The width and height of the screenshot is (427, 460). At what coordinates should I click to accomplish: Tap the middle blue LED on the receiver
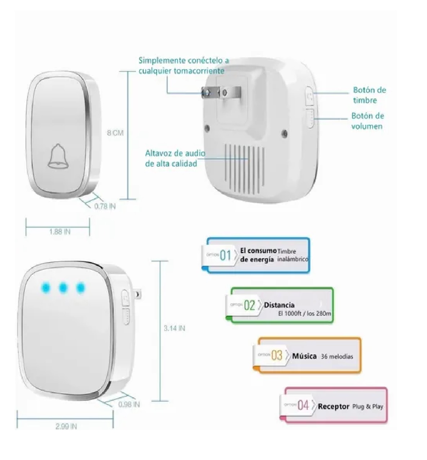(x=63, y=287)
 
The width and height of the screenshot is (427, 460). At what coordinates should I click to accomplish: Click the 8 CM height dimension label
(x=115, y=133)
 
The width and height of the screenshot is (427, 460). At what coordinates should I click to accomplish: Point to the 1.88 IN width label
(x=60, y=232)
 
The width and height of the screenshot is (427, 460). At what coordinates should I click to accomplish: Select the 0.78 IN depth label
(x=105, y=207)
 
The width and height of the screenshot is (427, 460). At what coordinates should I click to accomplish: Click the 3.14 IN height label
(x=174, y=328)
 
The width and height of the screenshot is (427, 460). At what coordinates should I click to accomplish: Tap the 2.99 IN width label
(x=66, y=426)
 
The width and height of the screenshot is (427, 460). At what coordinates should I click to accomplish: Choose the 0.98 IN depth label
(x=129, y=404)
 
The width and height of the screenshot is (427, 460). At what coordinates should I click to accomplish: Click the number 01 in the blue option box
(x=225, y=256)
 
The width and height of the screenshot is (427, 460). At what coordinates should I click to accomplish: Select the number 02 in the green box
(x=250, y=305)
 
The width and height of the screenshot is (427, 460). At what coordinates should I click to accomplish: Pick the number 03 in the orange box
(x=277, y=355)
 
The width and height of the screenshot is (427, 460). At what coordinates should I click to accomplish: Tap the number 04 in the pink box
(x=303, y=406)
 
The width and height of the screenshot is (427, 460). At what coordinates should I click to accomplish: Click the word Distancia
(x=279, y=305)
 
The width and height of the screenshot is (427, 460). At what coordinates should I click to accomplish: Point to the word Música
(x=304, y=356)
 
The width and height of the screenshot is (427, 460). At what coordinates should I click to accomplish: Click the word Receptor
(x=333, y=406)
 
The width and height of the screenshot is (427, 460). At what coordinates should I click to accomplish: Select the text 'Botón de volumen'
(x=367, y=121)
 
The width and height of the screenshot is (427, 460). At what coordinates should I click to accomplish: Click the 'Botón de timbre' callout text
(x=369, y=95)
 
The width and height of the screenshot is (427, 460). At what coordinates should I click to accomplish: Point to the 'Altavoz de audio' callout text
(x=176, y=158)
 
